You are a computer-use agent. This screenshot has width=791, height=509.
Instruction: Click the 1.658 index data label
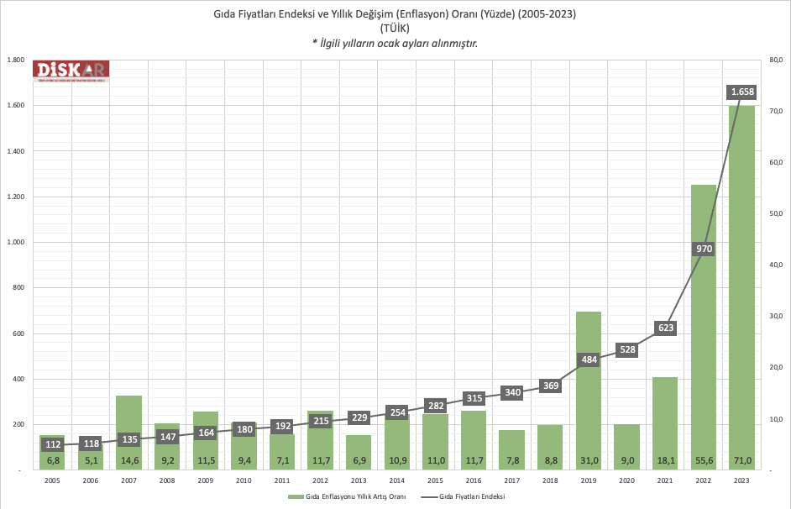click(x=742, y=92)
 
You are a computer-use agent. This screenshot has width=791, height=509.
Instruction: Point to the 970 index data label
click(x=704, y=249)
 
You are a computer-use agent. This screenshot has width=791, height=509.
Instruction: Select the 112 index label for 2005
click(x=52, y=444)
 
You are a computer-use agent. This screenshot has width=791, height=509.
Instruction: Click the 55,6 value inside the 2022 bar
click(x=704, y=460)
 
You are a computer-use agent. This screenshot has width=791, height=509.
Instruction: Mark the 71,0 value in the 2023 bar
click(x=742, y=460)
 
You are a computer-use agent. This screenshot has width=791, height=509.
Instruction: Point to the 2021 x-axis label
click(x=664, y=480)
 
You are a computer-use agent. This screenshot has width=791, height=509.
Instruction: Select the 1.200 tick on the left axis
click(x=15, y=197)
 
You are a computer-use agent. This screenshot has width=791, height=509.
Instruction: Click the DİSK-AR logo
click(x=71, y=73)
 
